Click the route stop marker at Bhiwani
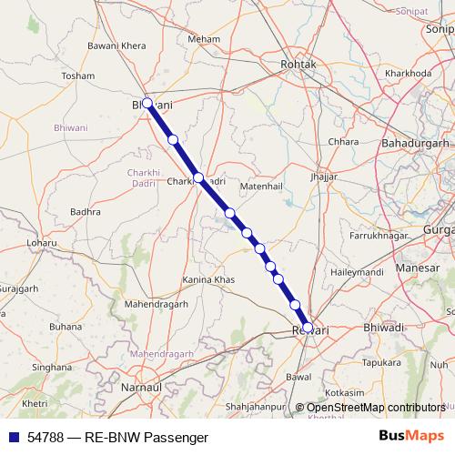coord(147,103)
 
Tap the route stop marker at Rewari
coord(308,328)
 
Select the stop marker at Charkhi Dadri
coord(198,177)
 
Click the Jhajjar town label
coord(323,177)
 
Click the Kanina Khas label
coord(208,280)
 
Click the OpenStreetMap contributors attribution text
coord(376,407)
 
